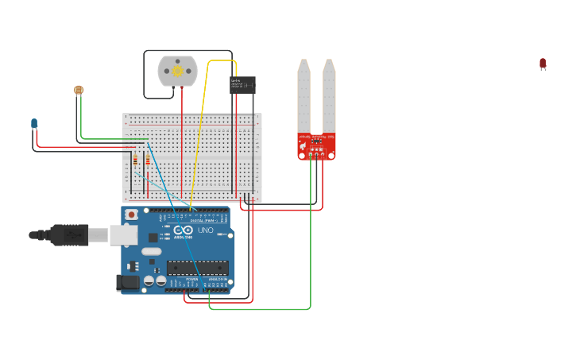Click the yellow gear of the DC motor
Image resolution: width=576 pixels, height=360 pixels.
[x=177, y=72]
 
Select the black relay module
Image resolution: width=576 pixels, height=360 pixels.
[x=242, y=85]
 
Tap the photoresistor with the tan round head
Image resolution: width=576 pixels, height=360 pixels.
[x=78, y=91]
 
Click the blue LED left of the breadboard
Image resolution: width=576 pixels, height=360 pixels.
[x=34, y=123]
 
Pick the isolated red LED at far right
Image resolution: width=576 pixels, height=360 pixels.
[x=543, y=64]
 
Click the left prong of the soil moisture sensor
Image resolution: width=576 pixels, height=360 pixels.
[x=303, y=95]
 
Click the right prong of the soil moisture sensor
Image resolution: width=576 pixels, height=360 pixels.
[x=329, y=95]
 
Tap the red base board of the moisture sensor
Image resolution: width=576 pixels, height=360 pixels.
[x=316, y=146]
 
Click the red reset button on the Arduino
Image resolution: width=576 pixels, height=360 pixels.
[x=131, y=215]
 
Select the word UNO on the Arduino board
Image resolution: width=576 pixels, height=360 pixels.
[x=205, y=230]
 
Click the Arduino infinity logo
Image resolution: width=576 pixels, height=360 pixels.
[x=183, y=230]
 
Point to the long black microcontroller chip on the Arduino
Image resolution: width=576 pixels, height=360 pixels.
[x=197, y=268]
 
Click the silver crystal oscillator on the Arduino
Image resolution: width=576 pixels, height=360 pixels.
[x=152, y=251]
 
